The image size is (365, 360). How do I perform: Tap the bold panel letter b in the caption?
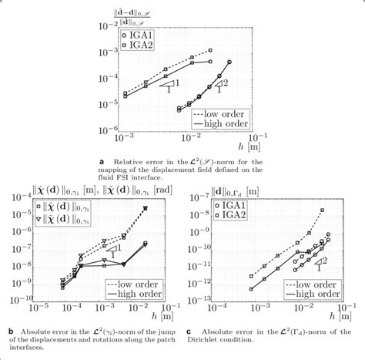point(10,331)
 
